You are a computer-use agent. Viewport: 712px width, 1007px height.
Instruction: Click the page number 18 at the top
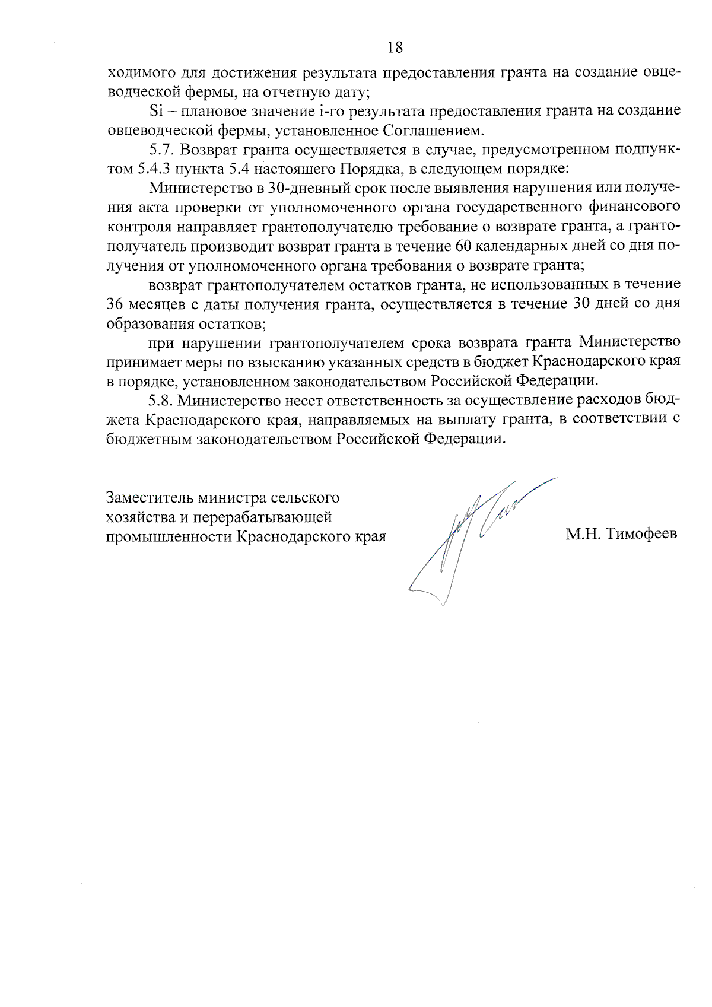point(396,47)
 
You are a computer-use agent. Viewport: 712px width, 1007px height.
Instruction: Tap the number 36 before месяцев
point(115,304)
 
